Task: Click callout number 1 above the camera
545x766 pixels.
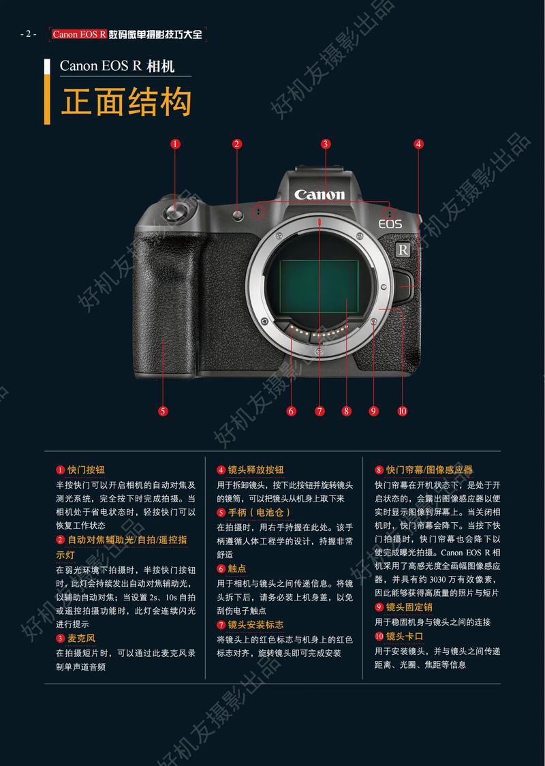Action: click(x=175, y=144)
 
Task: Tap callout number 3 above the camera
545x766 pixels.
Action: click(x=326, y=144)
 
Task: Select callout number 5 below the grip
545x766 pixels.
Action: click(x=163, y=411)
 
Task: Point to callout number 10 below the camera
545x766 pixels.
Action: click(x=401, y=411)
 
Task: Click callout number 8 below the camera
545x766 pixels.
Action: click(x=346, y=411)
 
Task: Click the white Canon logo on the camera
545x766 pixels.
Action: click(x=320, y=195)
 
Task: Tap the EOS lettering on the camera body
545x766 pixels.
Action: click(x=390, y=224)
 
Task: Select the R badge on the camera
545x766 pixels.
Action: click(x=403, y=250)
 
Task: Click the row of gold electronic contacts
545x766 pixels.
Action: click(x=319, y=332)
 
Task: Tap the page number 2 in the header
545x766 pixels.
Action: click(x=28, y=34)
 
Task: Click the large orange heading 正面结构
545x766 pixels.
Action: click(x=126, y=103)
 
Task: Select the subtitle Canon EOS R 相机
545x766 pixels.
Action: click(x=117, y=66)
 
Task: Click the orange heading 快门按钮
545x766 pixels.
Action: click(x=86, y=470)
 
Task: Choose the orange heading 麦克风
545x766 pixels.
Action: click(x=81, y=639)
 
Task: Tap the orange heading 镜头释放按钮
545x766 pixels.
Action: click(x=255, y=470)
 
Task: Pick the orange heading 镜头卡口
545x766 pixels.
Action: click(x=405, y=637)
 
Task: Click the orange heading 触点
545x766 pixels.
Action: click(x=237, y=568)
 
